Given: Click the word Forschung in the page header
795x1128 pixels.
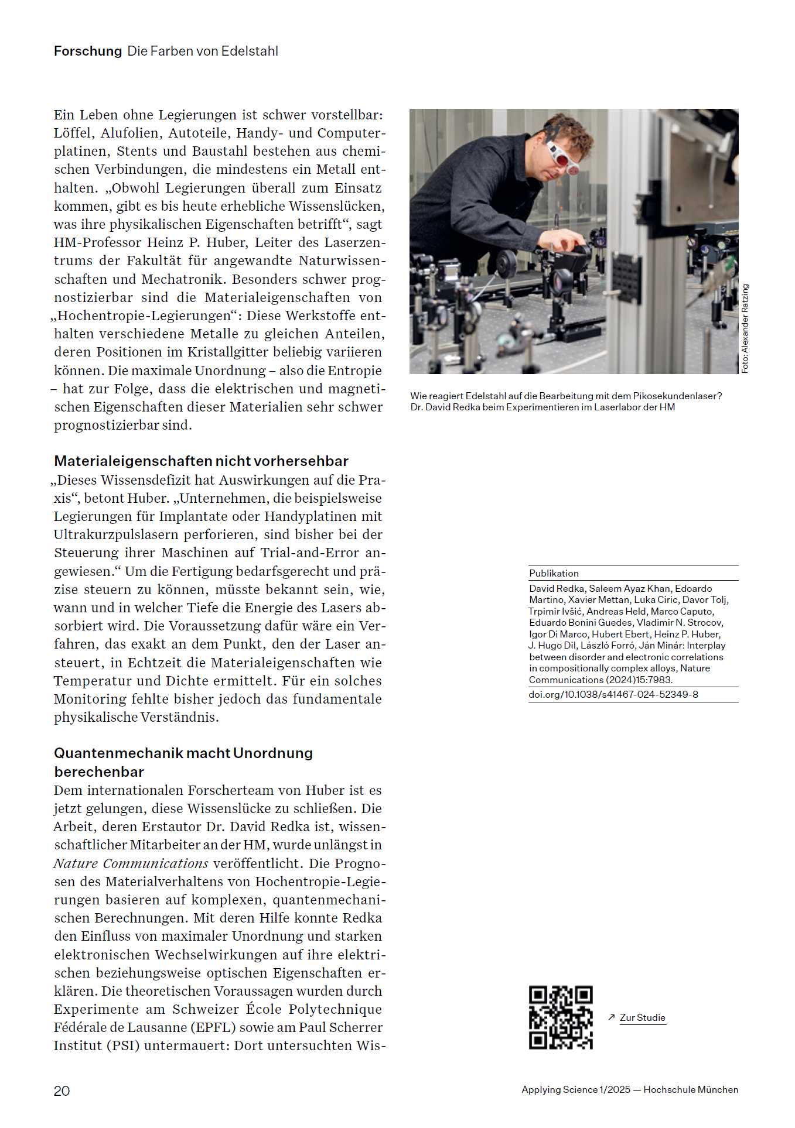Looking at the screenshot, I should click(88, 52).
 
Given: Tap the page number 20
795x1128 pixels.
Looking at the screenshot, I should click(62, 1091).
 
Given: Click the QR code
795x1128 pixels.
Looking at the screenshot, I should click(561, 1017).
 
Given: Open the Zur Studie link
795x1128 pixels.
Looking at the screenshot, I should click(642, 1017).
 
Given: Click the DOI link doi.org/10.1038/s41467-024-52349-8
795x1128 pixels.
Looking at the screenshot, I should click(613, 695).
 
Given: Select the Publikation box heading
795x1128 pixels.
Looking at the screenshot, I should click(554, 574).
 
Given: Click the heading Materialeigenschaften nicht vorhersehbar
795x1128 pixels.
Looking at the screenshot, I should click(201, 461).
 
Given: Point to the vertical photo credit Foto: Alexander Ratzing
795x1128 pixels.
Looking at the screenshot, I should click(745, 328).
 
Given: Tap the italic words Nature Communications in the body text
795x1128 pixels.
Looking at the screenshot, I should click(131, 863).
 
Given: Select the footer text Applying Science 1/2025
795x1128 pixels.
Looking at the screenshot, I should click(576, 1090).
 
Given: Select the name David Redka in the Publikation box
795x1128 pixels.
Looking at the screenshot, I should click(557, 589).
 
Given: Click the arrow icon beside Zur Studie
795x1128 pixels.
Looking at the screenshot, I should click(611, 1017).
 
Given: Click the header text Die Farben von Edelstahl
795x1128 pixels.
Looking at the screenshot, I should click(203, 52).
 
